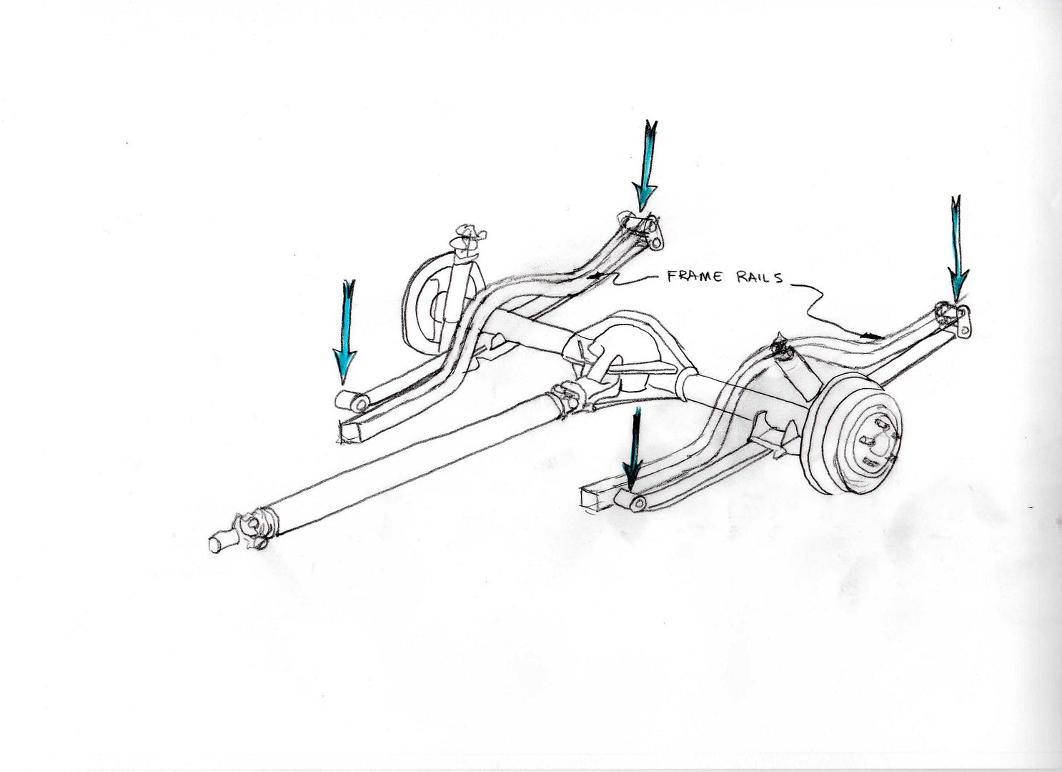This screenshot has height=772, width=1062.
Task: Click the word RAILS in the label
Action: click(755, 278)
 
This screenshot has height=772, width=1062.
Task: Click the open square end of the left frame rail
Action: click(349, 432)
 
